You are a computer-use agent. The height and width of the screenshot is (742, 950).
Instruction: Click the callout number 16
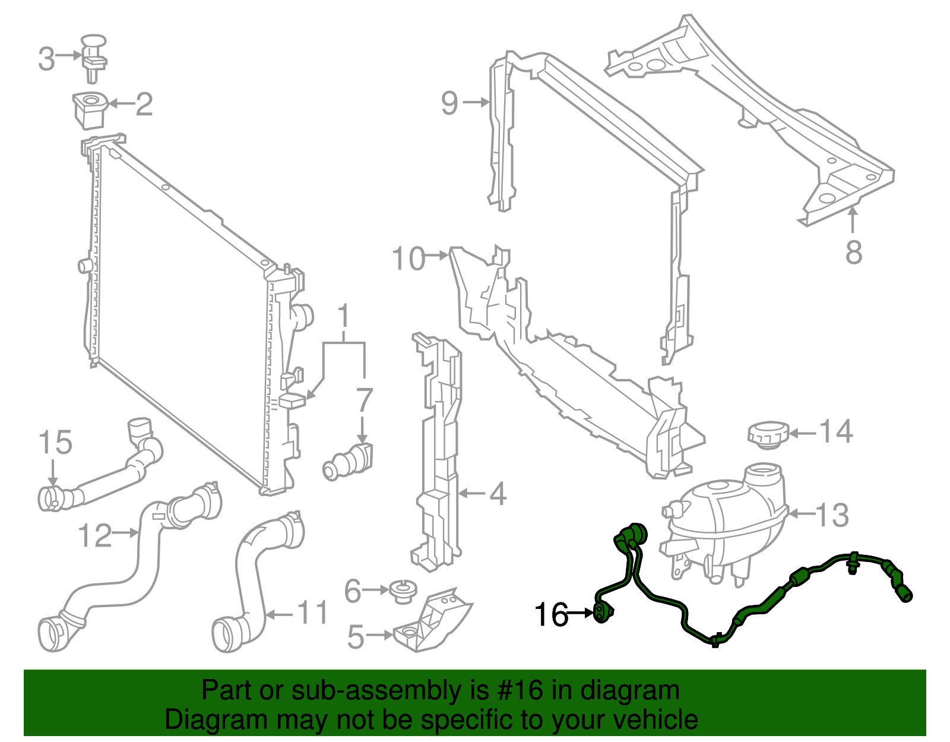pos(551,615)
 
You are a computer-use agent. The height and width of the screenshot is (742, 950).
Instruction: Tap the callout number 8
pos(853,252)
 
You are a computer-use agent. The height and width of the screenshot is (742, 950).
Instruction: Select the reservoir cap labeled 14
pos(768,434)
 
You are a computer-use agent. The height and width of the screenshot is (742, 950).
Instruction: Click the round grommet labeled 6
pos(403,592)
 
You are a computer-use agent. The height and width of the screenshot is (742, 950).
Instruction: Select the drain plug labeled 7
pos(349,460)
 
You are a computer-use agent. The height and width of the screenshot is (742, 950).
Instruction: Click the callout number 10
pos(408,259)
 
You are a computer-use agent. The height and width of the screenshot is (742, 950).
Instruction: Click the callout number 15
pos(55,443)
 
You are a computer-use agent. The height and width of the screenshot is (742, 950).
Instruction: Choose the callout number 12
pos(94,535)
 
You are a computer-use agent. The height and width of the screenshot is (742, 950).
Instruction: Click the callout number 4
pos(497,494)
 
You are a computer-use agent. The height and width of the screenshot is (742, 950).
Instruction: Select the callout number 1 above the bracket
pos(344,318)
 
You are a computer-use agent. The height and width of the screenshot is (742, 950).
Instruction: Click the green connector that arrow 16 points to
pos(601,612)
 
